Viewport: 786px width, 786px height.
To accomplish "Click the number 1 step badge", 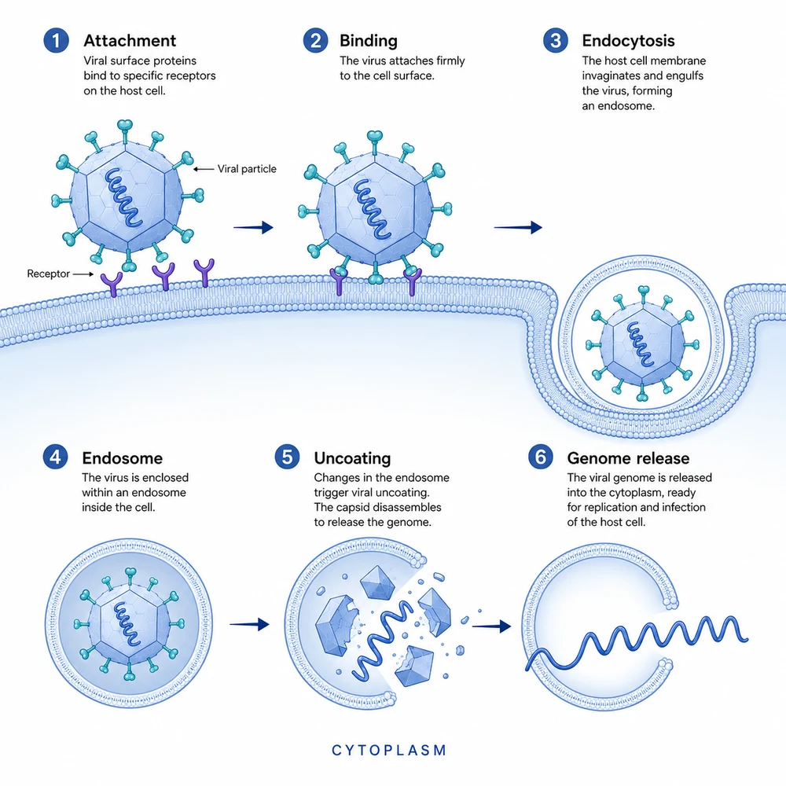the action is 56,41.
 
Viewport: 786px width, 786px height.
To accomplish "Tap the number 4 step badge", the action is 55,457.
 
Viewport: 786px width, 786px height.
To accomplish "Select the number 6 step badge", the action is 541,457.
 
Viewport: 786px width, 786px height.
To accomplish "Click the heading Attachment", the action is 130,41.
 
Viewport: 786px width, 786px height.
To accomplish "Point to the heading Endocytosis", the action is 628,41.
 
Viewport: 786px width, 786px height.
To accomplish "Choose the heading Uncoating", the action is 352,459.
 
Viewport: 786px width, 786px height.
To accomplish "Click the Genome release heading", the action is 628,458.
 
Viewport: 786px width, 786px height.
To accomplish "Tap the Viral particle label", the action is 247,169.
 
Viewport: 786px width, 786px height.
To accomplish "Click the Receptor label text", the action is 48,274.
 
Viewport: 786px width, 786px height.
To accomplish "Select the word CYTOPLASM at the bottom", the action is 389,751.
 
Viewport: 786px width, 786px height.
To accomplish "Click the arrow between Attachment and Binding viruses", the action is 253,228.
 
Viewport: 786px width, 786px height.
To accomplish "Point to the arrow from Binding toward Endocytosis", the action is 518,228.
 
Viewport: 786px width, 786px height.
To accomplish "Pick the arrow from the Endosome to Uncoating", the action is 249,625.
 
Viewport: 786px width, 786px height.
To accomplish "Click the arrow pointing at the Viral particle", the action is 204,170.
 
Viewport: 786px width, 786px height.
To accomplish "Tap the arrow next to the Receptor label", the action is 83,274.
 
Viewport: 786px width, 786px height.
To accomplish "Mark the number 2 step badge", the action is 316,41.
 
